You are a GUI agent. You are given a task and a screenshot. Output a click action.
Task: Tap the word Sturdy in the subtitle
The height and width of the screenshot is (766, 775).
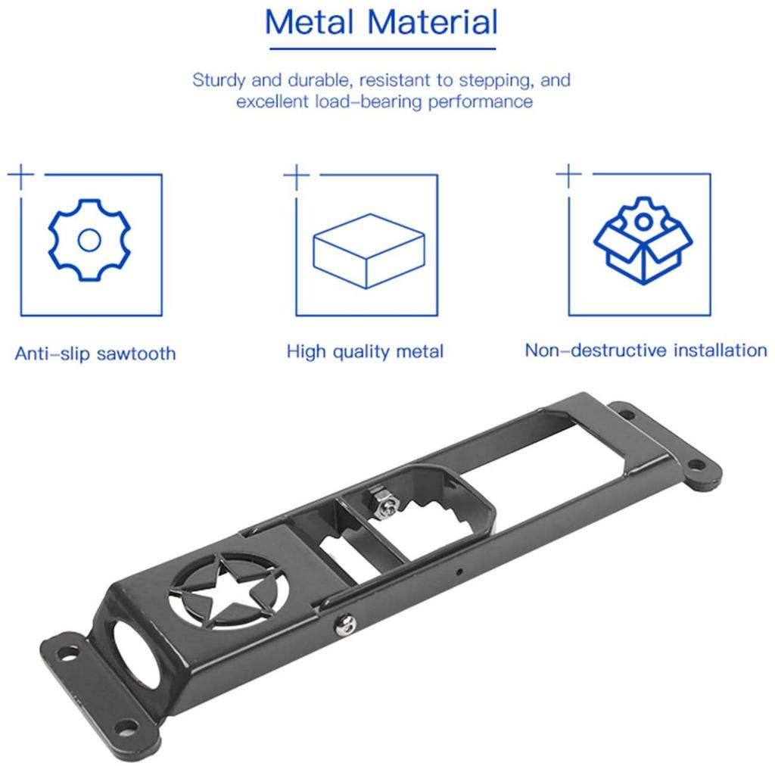point(220,80)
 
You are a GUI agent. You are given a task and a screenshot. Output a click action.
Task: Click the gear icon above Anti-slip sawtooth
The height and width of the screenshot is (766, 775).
point(89,239)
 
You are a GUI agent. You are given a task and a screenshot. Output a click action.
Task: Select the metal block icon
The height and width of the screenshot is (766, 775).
point(366,250)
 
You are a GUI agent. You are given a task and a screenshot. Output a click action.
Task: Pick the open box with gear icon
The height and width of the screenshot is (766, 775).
point(642,238)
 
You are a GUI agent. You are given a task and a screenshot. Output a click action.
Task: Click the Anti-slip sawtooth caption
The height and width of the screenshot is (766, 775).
point(95,353)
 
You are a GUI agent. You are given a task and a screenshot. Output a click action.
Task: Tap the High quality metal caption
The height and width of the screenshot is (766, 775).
point(365,352)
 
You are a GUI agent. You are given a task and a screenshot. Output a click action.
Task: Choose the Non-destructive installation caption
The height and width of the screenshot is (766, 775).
point(646,350)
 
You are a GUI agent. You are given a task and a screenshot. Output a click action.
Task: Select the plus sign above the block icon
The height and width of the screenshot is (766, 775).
point(297,176)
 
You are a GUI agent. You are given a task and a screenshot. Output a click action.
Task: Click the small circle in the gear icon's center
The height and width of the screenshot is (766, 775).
point(89,240)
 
